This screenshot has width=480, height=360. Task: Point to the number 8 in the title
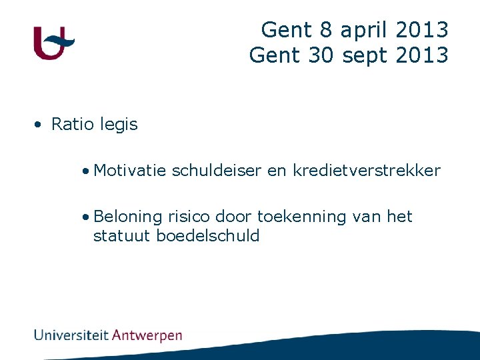326,30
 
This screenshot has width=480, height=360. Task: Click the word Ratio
72,124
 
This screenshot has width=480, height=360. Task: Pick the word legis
118,125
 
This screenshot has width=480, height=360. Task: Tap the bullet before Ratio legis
40,125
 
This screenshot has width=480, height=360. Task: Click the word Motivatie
130,171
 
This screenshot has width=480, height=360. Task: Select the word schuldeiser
217,171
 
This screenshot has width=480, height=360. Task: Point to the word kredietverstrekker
367,171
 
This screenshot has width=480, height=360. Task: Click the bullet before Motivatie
87,171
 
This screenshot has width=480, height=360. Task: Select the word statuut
122,235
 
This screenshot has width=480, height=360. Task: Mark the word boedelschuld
208,235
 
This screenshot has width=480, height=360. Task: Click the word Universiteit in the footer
71,335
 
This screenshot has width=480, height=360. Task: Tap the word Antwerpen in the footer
147,335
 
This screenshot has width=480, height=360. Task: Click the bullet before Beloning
87,217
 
